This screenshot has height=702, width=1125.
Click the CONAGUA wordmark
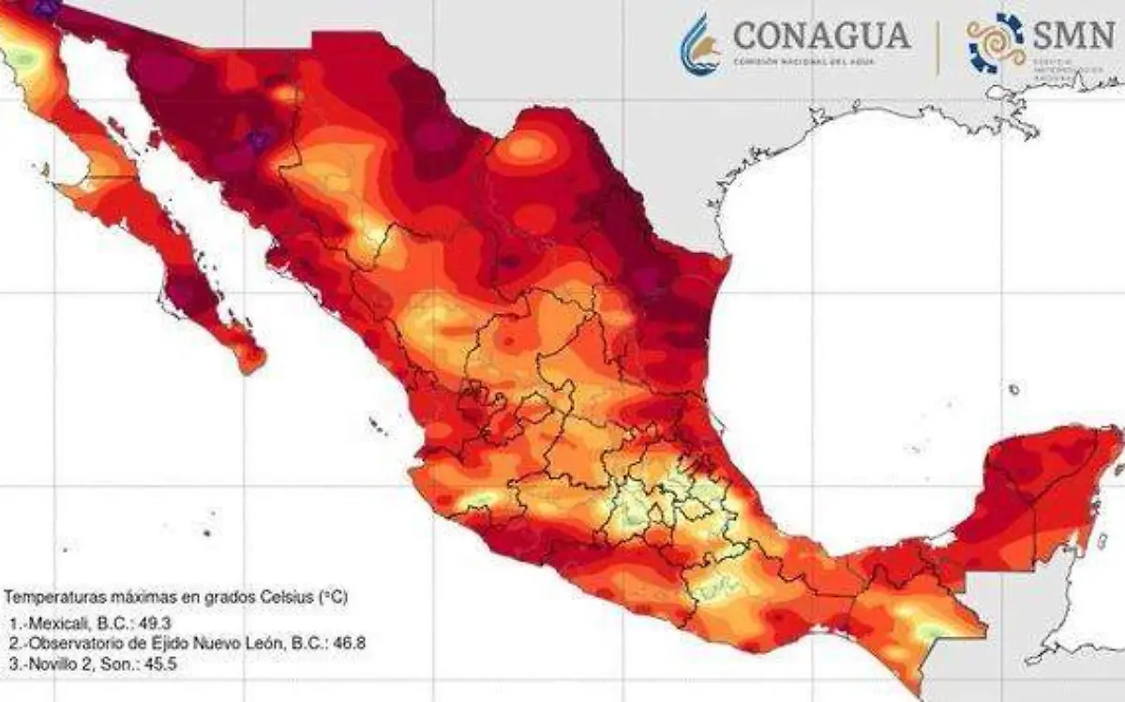(x=821, y=35)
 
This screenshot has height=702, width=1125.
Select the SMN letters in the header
(x=1072, y=34)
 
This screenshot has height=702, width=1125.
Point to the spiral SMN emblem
(x=997, y=43)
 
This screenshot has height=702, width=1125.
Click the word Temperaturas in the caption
(x=46, y=596)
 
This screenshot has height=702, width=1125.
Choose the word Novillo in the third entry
(x=52, y=664)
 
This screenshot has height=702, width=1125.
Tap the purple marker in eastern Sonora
(x=260, y=141)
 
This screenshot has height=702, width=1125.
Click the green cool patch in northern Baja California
(x=22, y=58)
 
